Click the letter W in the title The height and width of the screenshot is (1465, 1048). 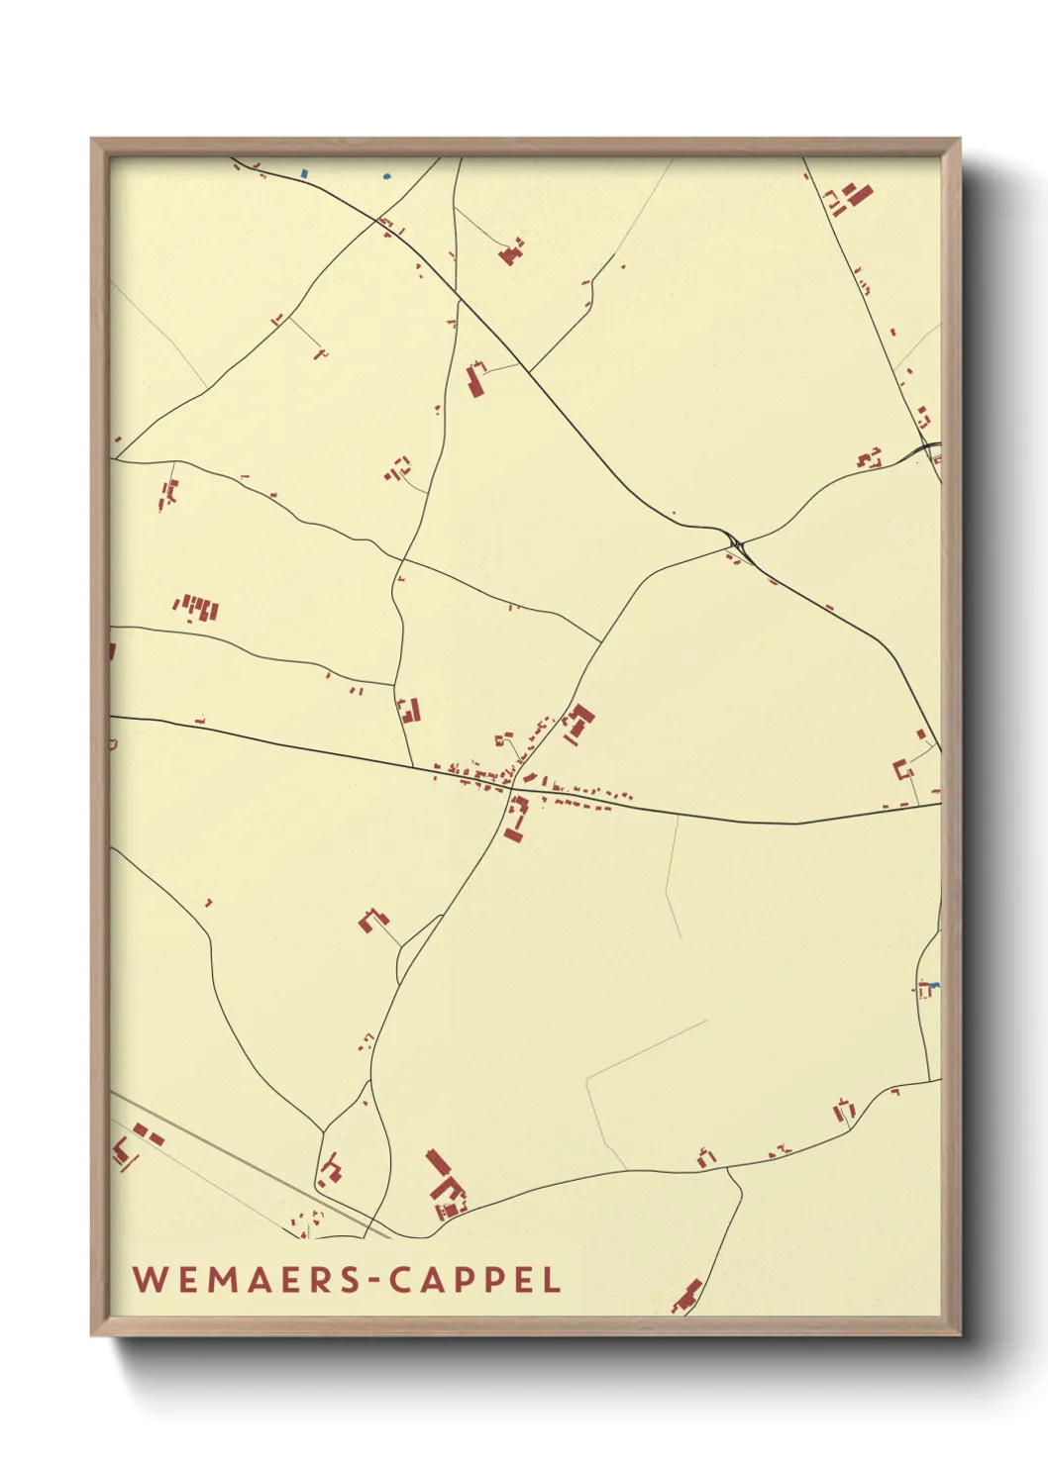coord(150,1279)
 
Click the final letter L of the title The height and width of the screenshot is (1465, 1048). coord(552,1279)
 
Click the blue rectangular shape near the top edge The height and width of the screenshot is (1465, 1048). coord(305,173)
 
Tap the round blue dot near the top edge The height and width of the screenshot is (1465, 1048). coord(387,176)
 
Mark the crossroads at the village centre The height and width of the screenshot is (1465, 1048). coord(511,789)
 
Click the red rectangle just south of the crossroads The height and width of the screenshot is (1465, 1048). coord(514,822)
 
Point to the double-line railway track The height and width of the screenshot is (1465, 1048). coord(248,1163)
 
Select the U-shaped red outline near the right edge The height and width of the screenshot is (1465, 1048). coord(901,769)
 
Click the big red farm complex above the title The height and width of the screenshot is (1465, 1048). coord(446,1185)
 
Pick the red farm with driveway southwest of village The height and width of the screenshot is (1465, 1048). coord(373,921)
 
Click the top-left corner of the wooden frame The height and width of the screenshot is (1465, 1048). coord(92,140)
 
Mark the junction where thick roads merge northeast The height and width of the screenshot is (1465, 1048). coord(736,542)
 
